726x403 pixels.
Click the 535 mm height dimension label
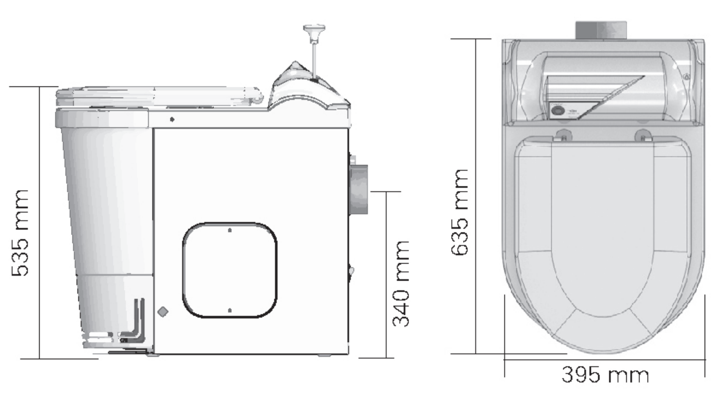[20, 232]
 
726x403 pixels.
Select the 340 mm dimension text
[401, 284]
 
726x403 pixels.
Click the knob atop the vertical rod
[314, 30]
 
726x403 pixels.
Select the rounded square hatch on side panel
[229, 270]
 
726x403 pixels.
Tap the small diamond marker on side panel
[163, 312]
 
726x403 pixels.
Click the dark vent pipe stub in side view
[359, 189]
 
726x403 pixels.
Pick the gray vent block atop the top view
[600, 30]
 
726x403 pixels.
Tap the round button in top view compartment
[558, 111]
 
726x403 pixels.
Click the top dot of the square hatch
[229, 230]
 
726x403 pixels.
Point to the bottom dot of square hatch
[229, 310]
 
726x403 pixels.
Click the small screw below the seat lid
[172, 119]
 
